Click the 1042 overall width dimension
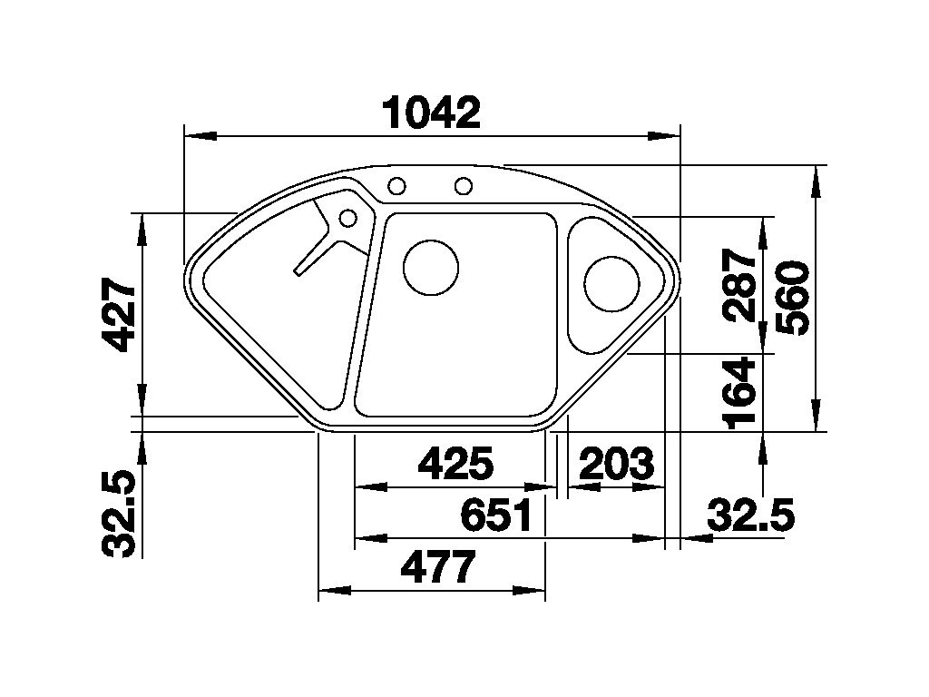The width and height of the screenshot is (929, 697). [431, 114]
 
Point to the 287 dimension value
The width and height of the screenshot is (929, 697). [742, 285]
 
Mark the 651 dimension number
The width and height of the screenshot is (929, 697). [496, 515]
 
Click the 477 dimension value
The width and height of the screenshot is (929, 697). [438, 568]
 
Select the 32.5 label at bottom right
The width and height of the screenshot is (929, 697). [750, 516]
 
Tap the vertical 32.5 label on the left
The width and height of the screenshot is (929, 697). [120, 514]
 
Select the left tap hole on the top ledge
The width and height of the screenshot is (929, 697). [396, 187]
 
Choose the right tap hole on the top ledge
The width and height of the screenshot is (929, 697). [464, 187]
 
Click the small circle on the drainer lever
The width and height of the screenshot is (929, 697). [347, 218]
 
